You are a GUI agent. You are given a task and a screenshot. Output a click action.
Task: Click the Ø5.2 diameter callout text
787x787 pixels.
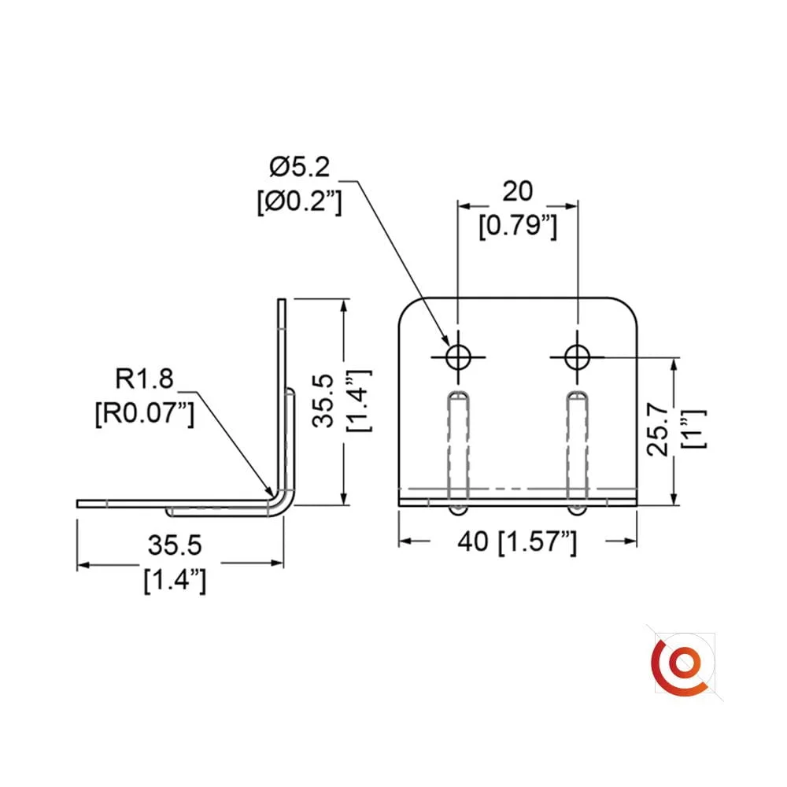click(x=300, y=167)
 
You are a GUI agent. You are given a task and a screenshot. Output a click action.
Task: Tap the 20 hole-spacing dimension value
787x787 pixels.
click(x=518, y=191)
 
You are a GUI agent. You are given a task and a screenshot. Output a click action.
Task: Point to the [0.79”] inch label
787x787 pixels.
click(x=518, y=226)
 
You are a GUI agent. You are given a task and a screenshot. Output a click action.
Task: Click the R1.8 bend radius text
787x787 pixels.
click(x=145, y=378)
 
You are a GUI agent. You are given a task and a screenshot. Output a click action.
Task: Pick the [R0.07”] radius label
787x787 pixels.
click(x=145, y=414)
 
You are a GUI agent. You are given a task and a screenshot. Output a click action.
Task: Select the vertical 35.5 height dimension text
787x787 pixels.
click(x=323, y=401)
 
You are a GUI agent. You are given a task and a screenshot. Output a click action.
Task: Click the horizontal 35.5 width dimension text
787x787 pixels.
click(x=175, y=545)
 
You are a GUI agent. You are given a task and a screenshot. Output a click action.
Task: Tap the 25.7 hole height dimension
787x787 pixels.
click(x=659, y=430)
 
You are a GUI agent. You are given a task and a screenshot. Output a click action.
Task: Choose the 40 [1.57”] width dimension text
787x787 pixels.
click(x=518, y=541)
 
